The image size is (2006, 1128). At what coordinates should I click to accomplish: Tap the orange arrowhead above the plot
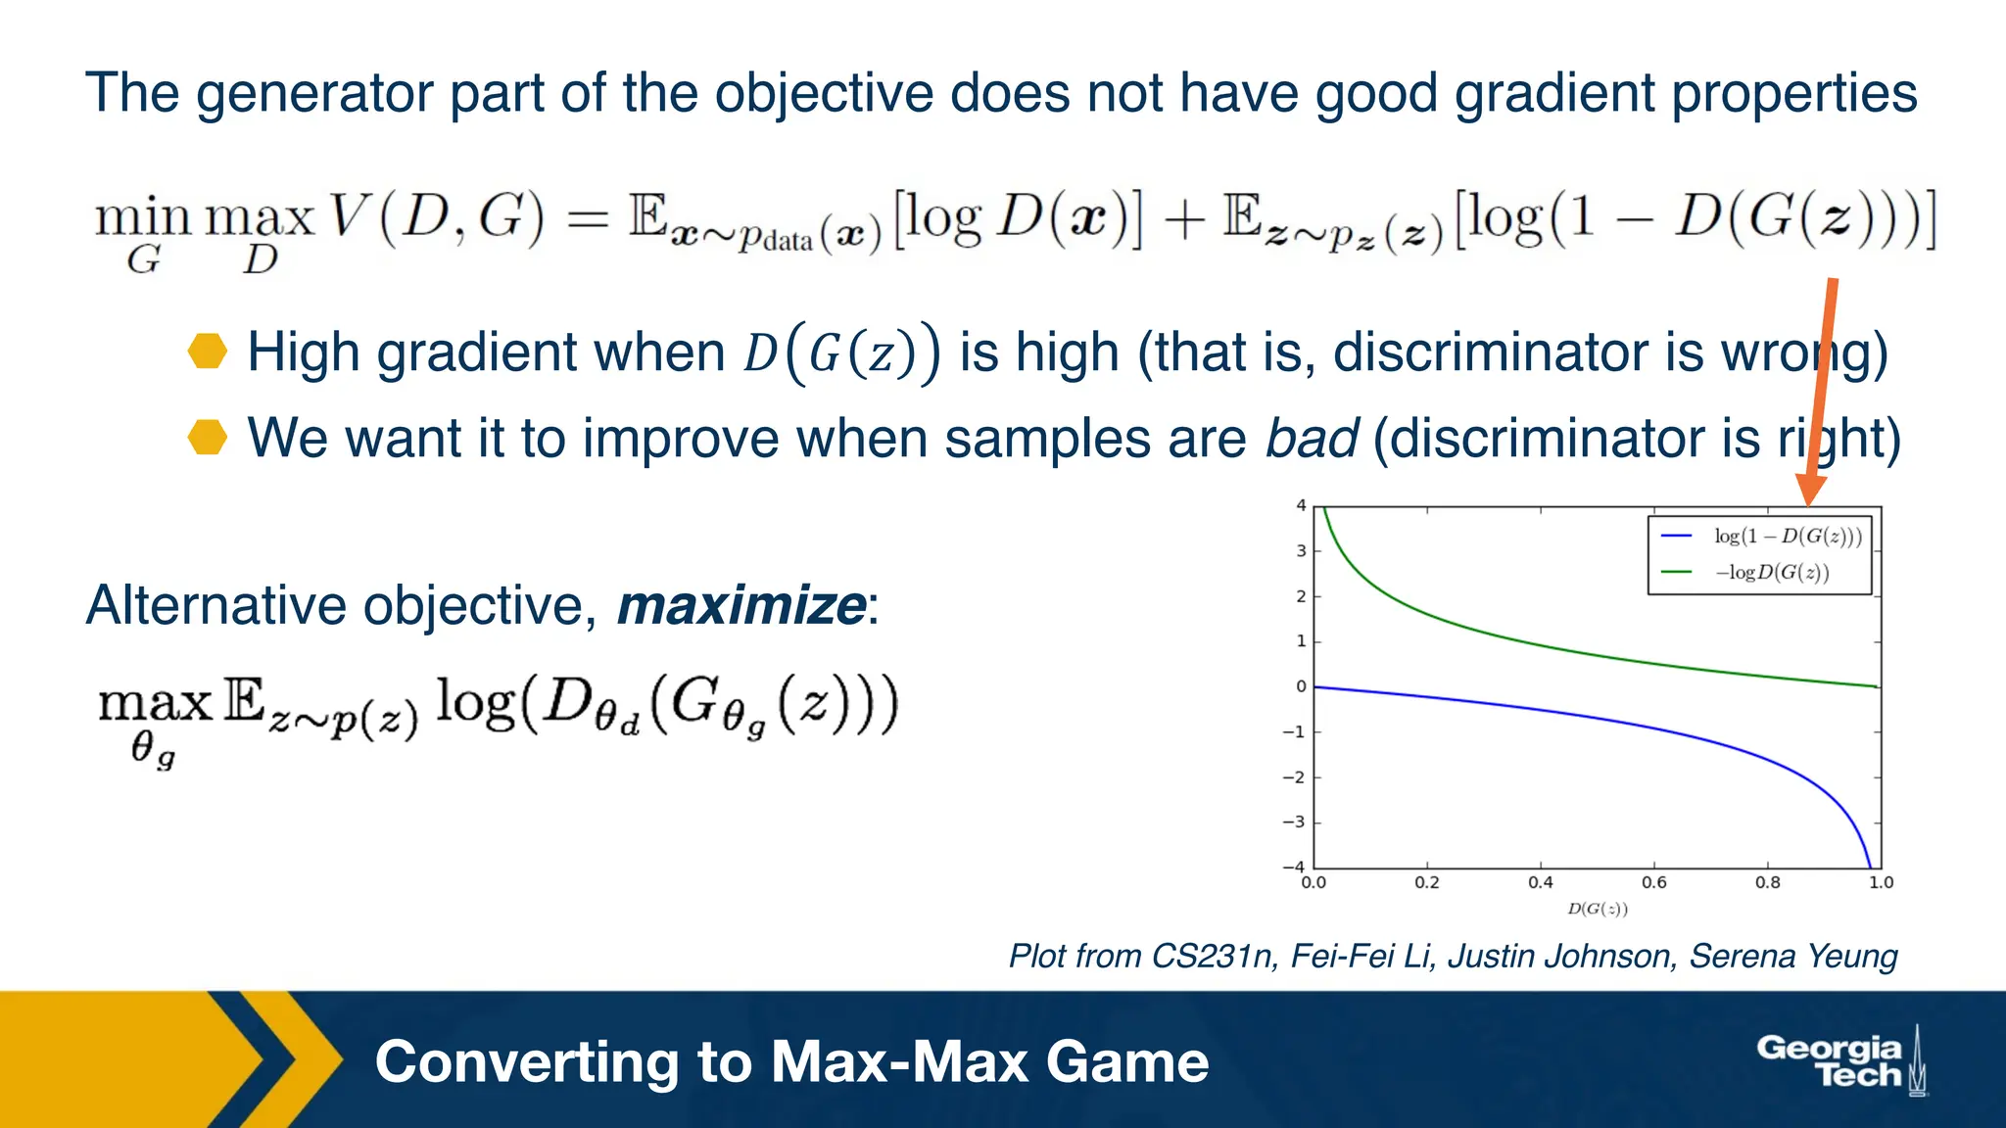(x=1810, y=489)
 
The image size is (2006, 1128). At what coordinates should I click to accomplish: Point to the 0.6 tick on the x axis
(x=1653, y=882)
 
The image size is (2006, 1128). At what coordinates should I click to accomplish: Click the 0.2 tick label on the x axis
(x=1426, y=882)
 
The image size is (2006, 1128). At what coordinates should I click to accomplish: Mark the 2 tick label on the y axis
(x=1301, y=596)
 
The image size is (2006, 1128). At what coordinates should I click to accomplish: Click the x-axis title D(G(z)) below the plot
(x=1597, y=909)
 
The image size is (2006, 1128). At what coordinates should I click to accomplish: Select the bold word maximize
(x=740, y=605)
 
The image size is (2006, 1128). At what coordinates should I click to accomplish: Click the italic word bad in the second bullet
(x=1311, y=438)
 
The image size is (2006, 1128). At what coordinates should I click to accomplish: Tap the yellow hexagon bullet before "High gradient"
(x=208, y=352)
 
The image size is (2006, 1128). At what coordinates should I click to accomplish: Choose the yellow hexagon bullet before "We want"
(x=208, y=438)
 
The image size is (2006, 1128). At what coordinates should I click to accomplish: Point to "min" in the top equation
(x=142, y=217)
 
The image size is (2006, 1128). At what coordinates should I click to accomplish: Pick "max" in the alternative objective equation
(x=155, y=703)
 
